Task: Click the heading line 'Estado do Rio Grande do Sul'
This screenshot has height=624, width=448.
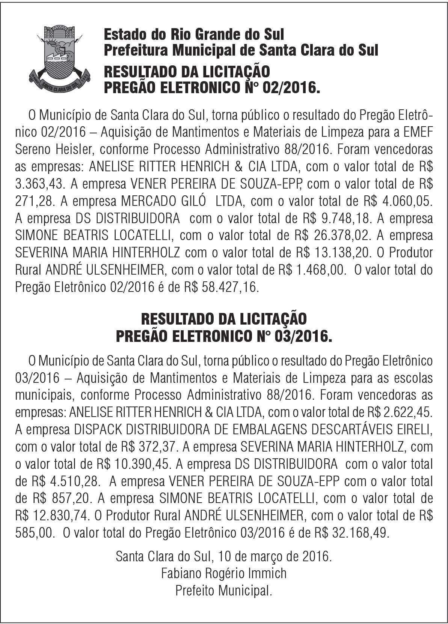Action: (x=193, y=35)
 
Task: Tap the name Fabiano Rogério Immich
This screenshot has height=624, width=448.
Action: (x=224, y=573)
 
